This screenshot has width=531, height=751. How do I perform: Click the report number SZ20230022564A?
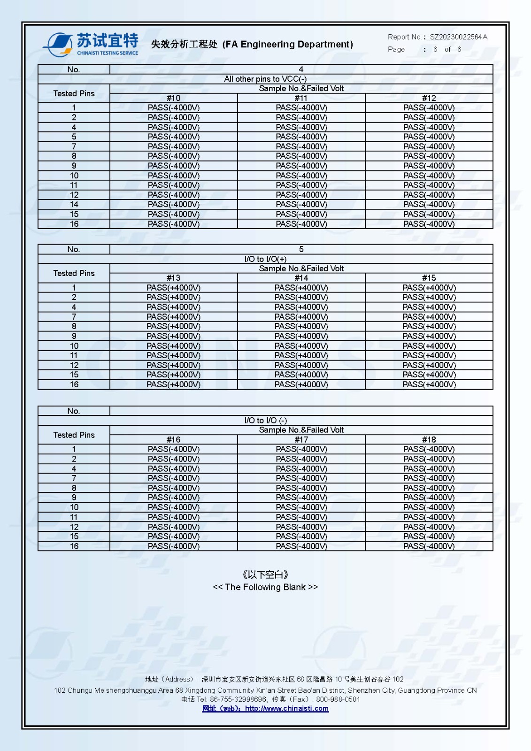point(459,37)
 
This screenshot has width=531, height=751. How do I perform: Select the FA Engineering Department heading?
point(252,45)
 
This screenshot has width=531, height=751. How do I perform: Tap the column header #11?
point(301,98)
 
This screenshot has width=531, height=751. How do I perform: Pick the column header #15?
point(429,278)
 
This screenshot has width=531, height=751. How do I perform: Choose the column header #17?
point(301,440)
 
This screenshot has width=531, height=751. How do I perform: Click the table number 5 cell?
point(301,249)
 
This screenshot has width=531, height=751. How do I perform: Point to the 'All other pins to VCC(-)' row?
point(265,79)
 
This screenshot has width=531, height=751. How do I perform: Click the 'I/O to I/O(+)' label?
point(265,259)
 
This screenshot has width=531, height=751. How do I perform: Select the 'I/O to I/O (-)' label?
point(265,421)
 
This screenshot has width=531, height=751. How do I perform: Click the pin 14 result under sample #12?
point(429,204)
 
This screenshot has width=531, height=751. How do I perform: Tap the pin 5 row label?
point(74,137)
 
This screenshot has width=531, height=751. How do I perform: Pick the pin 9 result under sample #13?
point(173,336)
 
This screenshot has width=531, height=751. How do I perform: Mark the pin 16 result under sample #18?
point(429,546)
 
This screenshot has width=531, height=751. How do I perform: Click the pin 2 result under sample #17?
point(301,459)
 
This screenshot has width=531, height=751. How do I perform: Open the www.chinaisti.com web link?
point(286,709)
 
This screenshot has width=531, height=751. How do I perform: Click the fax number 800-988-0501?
point(338,699)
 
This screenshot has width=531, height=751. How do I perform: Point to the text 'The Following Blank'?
point(265,587)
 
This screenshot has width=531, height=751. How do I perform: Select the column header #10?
point(173,98)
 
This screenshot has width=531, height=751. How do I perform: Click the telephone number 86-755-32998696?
point(238,699)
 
